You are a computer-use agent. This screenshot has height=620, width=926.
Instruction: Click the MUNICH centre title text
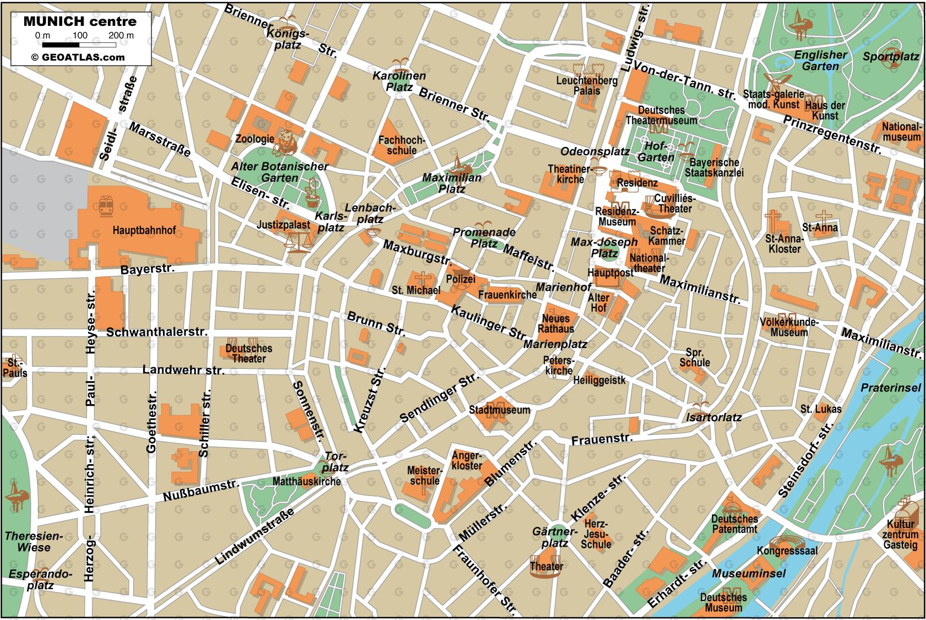coord(80,21)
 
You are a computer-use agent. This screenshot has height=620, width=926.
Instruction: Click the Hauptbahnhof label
coord(144,230)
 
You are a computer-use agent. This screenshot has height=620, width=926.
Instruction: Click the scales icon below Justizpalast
coord(297,241)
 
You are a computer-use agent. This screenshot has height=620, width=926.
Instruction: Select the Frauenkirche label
coord(507,295)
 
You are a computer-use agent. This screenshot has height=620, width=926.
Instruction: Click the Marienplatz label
coord(555,344)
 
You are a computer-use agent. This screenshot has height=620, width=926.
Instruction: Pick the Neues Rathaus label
coord(556,324)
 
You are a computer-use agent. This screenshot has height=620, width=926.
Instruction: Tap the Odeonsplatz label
coord(595,151)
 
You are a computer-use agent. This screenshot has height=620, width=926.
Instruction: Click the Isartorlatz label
coord(714,417)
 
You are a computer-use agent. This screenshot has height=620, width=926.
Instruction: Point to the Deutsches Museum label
coord(723,602)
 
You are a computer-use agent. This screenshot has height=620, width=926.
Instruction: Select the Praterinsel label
coord(890,388)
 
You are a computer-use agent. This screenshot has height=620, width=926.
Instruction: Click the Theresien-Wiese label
coord(34,542)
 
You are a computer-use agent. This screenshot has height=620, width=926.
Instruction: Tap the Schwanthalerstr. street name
coord(157,332)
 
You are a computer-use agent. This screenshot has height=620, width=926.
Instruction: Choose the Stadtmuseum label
coord(499,410)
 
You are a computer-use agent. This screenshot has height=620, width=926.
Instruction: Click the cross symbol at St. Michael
coord(422,278)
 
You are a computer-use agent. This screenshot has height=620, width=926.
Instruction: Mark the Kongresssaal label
coord(787,551)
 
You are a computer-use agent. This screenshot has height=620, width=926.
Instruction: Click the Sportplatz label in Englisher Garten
coord(891,56)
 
